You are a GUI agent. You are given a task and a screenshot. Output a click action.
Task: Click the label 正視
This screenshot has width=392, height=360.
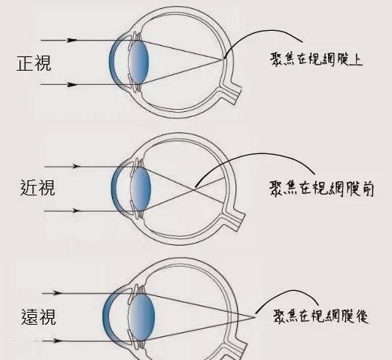(x=34, y=63)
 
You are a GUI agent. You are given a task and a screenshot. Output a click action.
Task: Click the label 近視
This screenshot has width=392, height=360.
(x=38, y=188)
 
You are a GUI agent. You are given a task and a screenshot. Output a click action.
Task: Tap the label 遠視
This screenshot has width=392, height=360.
(x=38, y=317)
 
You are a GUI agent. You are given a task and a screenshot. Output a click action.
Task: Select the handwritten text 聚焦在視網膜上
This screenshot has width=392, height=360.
(x=316, y=59)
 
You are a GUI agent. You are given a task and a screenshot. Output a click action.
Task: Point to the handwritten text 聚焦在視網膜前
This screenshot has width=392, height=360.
(x=321, y=189)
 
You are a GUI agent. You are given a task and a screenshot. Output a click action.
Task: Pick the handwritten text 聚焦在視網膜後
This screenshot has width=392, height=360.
(x=321, y=316)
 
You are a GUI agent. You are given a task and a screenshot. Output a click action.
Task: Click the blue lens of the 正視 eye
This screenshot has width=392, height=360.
(x=138, y=62)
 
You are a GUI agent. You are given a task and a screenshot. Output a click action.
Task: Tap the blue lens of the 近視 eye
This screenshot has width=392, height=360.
(x=141, y=189)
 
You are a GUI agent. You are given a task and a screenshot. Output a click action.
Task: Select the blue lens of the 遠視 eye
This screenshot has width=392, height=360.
(x=141, y=317)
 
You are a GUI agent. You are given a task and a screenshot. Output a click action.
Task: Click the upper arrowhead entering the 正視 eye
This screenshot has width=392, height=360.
(x=72, y=40)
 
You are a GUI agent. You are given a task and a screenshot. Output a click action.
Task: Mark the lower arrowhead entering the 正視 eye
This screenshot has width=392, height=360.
(x=72, y=85)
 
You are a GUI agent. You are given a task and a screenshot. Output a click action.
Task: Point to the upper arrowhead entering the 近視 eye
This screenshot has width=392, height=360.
(x=76, y=166)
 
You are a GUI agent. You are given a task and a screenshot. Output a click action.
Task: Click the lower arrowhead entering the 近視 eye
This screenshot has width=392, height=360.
(x=76, y=211)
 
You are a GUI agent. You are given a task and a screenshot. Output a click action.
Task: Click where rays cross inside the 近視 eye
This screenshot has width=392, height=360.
(x=193, y=189)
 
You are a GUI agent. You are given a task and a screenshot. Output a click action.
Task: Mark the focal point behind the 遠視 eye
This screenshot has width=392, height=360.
(x=254, y=317)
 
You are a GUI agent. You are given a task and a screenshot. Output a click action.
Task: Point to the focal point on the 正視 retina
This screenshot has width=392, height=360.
(x=223, y=59)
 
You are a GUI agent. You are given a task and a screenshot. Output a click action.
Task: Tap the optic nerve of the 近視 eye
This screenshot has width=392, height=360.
(x=233, y=219)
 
